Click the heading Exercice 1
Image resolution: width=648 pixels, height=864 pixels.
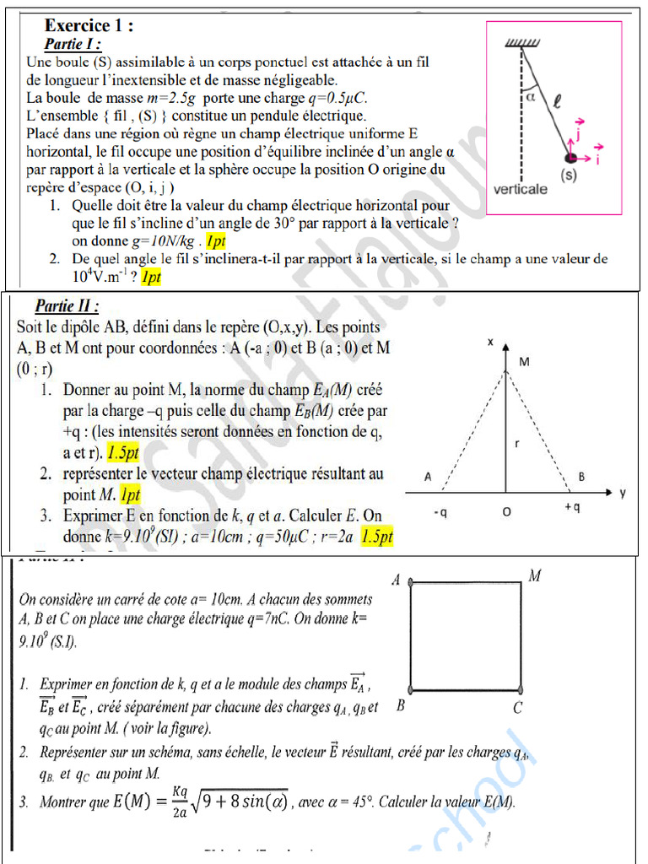tap(88, 25)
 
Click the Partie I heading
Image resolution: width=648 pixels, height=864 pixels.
tap(73, 44)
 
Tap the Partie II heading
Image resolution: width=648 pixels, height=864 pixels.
tap(67, 305)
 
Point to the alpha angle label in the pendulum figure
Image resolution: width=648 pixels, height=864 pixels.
tap(531, 97)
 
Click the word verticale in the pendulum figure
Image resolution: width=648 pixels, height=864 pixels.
tap(520, 188)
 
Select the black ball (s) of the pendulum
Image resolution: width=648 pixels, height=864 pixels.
tap(572, 158)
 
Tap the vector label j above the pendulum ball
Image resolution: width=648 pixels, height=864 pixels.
tap(580, 127)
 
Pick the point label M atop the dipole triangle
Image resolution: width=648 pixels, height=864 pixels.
tap(524, 362)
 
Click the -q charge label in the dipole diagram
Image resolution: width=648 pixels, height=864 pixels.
tap(440, 511)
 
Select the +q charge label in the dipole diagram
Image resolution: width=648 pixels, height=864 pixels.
tap(573, 507)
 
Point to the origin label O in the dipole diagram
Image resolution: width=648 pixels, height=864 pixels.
tap(506, 511)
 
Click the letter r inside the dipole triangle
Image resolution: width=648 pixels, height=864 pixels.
tap(516, 442)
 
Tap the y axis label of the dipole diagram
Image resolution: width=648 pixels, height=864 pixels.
tap(623, 493)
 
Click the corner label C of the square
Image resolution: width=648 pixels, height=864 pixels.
tap(518, 708)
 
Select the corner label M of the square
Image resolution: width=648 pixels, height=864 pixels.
tap(534, 576)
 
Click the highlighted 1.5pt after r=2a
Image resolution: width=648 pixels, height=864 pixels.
tap(377, 535)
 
